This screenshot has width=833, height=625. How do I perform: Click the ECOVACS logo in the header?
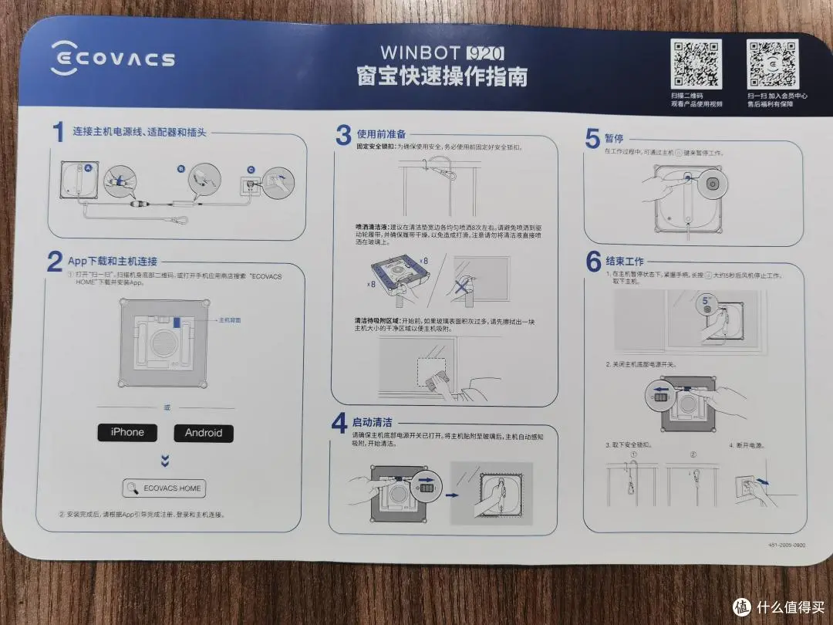[113, 59]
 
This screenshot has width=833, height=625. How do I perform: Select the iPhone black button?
[127, 432]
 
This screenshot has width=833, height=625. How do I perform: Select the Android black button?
[204, 433]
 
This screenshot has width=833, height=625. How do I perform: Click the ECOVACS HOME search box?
[164, 488]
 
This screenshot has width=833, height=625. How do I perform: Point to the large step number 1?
[58, 133]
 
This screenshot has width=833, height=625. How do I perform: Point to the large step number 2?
[54, 262]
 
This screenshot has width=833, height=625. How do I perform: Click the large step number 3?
[343, 136]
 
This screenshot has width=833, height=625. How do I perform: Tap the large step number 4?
[339, 423]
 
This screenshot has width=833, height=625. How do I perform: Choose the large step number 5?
[592, 140]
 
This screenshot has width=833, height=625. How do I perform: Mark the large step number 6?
[593, 262]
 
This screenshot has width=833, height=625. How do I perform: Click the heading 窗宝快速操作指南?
[442, 77]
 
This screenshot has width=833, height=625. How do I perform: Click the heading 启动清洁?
[373, 422]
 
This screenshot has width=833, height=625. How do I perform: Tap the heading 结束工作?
[625, 262]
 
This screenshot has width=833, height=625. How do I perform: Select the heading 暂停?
[614, 139]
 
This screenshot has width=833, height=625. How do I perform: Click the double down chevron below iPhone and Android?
[165, 461]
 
